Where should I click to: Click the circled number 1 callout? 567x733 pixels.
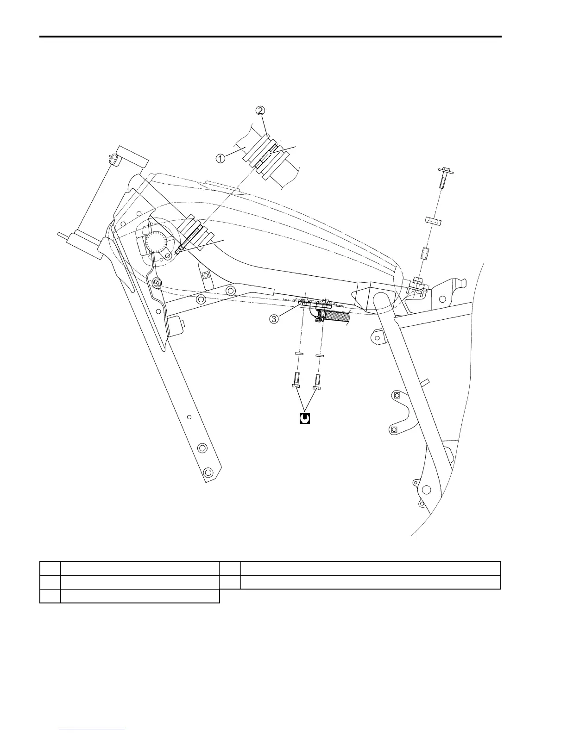220,158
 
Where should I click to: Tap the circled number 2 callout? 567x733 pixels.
261,111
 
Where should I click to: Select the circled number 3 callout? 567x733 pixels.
274,319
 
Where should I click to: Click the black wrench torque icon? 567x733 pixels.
304,418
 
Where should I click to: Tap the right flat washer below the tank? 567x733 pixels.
319,355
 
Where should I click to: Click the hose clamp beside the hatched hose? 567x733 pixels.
319,316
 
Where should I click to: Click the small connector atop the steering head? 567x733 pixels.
114,160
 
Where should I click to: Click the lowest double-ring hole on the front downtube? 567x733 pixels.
209,473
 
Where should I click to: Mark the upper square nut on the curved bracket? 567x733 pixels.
396,395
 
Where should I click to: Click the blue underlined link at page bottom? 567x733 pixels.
92,729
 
